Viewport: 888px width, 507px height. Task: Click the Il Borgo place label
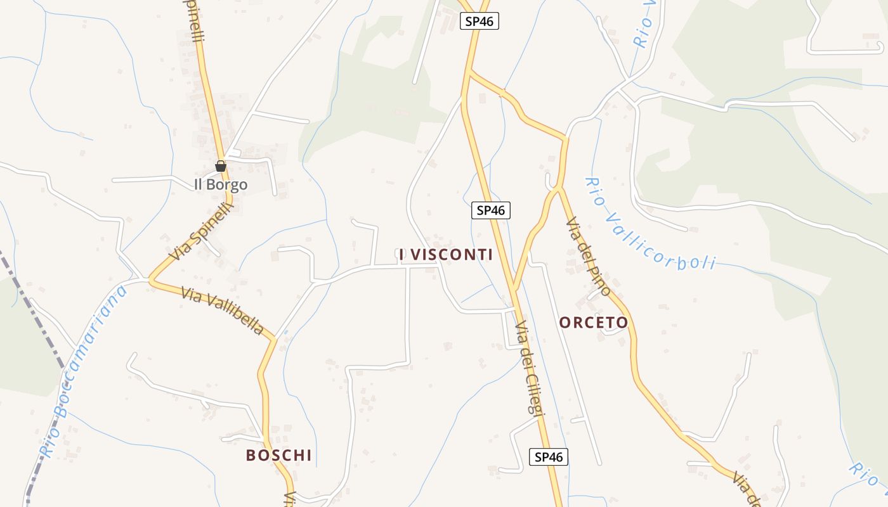coord(220,185)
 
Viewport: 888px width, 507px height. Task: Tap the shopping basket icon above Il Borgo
coord(221,167)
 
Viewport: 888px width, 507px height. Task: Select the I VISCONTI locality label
coord(450,255)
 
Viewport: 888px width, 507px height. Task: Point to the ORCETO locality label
coord(594,323)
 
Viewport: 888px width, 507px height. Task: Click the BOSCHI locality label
coord(279,455)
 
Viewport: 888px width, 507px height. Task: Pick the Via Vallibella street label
coord(222,311)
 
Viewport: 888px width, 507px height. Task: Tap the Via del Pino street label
coord(588,257)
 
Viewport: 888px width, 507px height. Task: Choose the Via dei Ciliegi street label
coord(530,368)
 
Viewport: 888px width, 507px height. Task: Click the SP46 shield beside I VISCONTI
coord(491,210)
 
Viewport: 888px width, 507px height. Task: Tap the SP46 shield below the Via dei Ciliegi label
coord(549,457)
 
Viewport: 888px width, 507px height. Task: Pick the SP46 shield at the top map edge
coord(480,21)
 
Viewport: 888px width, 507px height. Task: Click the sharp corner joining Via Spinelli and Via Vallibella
coord(150,279)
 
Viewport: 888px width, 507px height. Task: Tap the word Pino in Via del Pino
coord(599,279)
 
